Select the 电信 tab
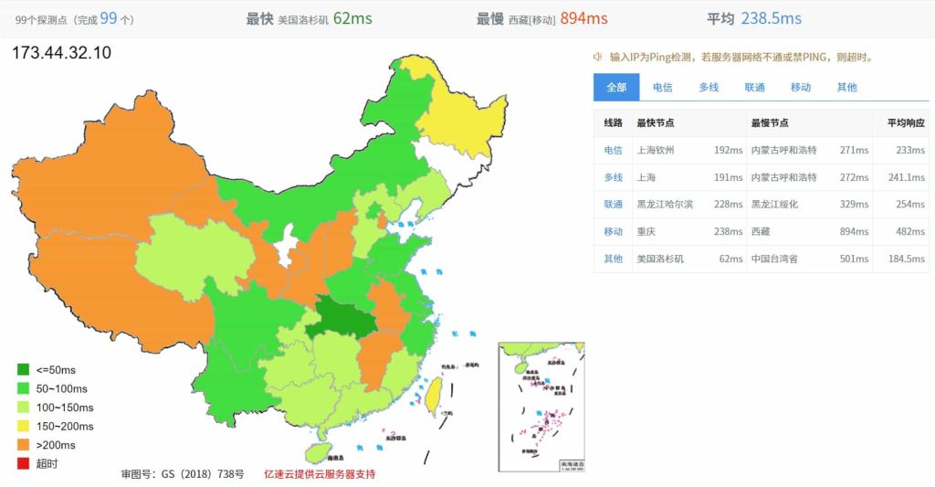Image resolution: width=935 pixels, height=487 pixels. pos(662,88)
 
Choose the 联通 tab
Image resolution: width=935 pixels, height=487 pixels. pos(754,88)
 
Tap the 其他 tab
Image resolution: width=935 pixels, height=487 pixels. pos(846,88)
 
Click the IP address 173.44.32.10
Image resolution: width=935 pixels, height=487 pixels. pos(62,53)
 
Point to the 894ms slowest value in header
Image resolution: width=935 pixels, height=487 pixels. pos(585,18)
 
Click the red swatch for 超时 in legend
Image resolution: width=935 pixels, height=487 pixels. pos(23,464)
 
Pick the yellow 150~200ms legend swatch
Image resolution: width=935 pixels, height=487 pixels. pos(23,427)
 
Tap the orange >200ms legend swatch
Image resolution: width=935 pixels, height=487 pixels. pos(23,445)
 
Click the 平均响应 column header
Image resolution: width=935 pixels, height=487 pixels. pos(905,123)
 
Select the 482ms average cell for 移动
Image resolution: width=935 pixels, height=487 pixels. pos(909,232)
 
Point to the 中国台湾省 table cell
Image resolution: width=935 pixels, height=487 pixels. pos(774,259)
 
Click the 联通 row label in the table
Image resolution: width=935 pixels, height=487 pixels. pos(613,205)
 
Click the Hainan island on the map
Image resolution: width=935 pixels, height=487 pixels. pos(316,451)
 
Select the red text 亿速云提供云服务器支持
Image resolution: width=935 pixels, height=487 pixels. pos(320,474)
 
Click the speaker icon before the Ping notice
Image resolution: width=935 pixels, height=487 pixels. pos(598,57)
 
